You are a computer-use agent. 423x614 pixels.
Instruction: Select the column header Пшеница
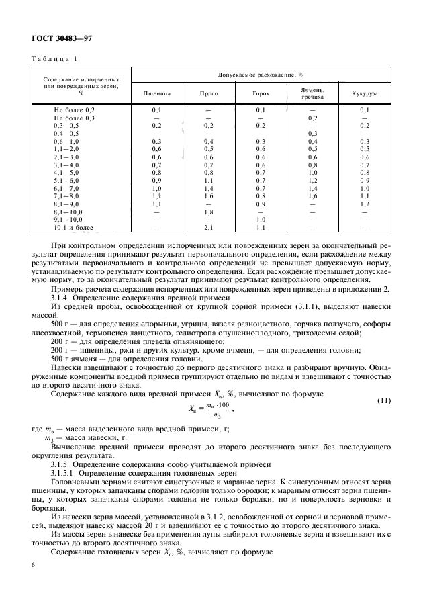156,94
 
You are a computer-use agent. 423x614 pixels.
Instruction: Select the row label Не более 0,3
75,117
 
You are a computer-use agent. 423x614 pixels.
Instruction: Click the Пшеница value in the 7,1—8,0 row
156,197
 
